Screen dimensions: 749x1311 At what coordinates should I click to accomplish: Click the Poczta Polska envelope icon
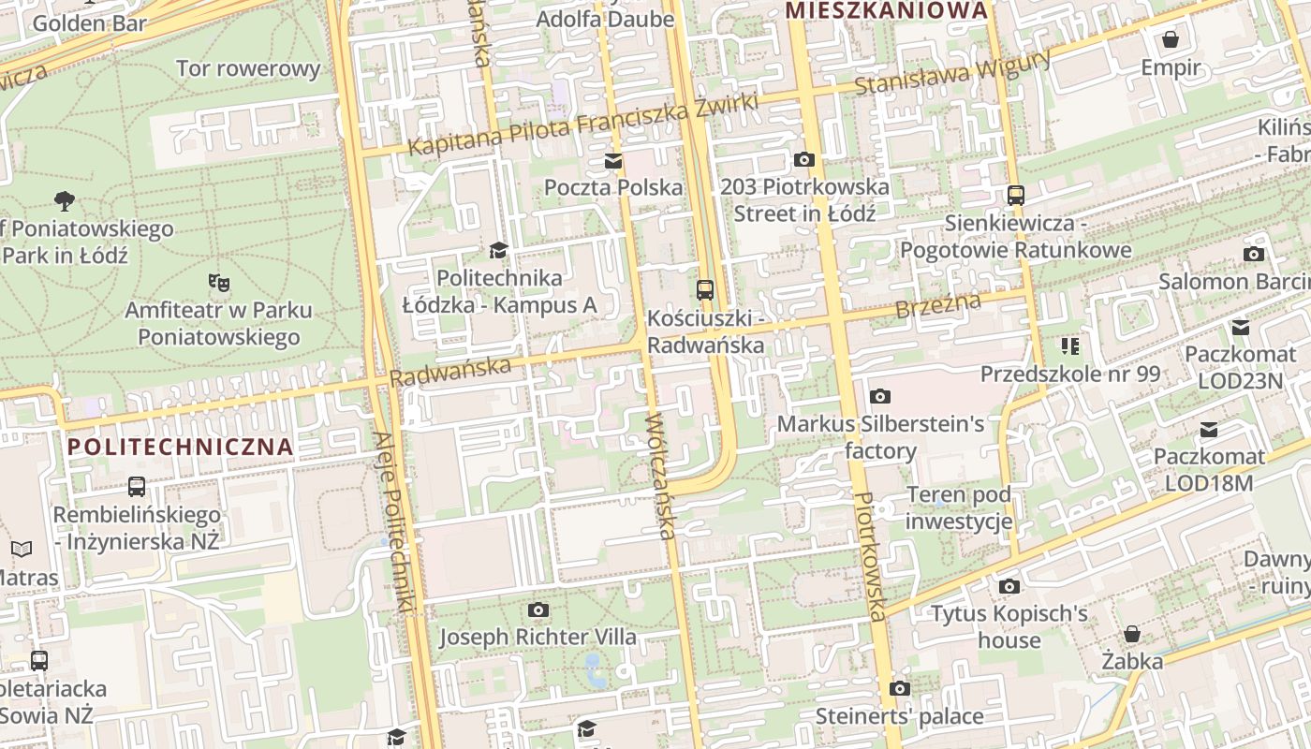pyautogui.click(x=613, y=161)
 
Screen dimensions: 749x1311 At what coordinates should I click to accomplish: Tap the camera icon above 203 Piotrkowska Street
pyautogui.click(x=803, y=160)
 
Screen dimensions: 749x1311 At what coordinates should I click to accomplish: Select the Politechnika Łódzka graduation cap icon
pyautogui.click(x=498, y=251)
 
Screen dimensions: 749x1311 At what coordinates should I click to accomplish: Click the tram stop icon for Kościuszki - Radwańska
pyautogui.click(x=705, y=290)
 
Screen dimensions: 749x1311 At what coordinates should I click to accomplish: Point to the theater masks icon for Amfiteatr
pyautogui.click(x=219, y=282)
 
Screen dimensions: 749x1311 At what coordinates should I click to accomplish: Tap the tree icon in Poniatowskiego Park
pyautogui.click(x=65, y=199)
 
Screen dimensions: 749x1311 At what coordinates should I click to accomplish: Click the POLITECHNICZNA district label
pyautogui.click(x=181, y=447)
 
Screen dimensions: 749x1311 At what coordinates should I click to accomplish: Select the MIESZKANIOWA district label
pyautogui.click(x=887, y=10)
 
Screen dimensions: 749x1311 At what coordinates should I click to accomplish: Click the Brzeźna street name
pyautogui.click(x=937, y=305)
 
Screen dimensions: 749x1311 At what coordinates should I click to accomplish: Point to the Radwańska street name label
pyautogui.click(x=450, y=370)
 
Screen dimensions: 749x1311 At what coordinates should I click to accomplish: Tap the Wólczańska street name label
pyautogui.click(x=660, y=477)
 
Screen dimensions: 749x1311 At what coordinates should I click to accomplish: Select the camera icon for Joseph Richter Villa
pyautogui.click(x=538, y=610)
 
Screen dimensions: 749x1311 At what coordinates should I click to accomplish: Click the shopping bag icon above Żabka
pyautogui.click(x=1132, y=634)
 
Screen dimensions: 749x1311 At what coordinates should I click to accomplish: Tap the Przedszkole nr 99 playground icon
pyautogui.click(x=1070, y=346)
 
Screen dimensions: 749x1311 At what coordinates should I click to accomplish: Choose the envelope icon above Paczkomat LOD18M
pyautogui.click(x=1209, y=430)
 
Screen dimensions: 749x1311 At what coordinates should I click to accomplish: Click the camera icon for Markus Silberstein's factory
pyautogui.click(x=879, y=397)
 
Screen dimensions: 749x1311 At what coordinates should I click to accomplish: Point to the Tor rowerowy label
pyautogui.click(x=248, y=68)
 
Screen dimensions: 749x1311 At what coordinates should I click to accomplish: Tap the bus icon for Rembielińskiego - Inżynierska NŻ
pyautogui.click(x=137, y=487)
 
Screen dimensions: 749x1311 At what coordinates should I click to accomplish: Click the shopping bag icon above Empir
pyautogui.click(x=1170, y=39)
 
